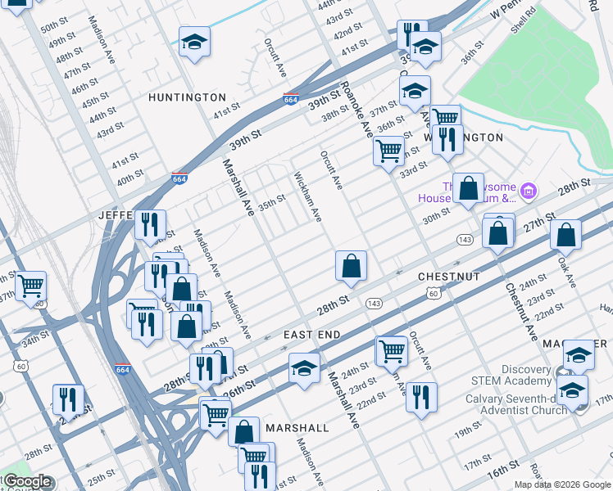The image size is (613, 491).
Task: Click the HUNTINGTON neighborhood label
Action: click(187, 97)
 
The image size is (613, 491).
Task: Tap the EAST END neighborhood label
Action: click(312, 336)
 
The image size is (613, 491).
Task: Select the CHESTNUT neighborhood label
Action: click(448, 277)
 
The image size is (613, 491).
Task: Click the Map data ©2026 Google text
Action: click(562, 484)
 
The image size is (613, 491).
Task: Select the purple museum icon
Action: click(529, 192)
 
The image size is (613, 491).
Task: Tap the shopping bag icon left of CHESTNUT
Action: click(351, 266)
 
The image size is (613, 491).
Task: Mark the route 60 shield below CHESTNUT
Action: click(433, 293)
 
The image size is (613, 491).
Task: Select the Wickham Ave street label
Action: click(308, 197)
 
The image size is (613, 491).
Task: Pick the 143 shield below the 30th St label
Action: click(465, 239)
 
